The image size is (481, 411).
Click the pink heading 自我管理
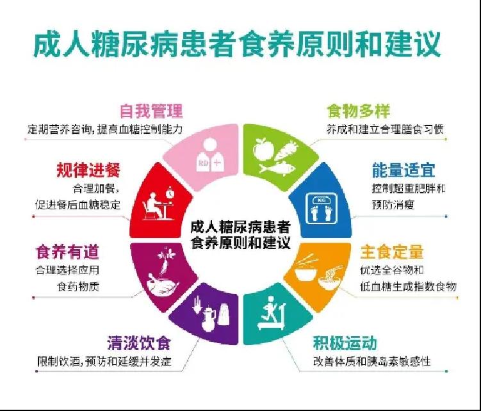click(151, 111)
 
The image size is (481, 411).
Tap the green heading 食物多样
click(358, 111)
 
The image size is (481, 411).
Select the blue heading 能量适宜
click(404, 170)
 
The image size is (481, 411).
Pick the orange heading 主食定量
click(392, 252)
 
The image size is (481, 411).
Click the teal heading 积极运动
click(345, 343)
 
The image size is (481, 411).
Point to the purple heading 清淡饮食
click(139, 343)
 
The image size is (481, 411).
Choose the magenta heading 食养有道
click(67, 252)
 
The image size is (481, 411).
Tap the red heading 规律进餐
click(88, 170)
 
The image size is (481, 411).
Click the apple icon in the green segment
click(263, 149)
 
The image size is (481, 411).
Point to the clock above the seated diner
click(170, 193)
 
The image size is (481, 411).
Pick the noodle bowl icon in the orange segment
click(330, 277)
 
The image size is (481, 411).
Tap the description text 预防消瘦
click(393, 204)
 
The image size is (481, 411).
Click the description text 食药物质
click(78, 286)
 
